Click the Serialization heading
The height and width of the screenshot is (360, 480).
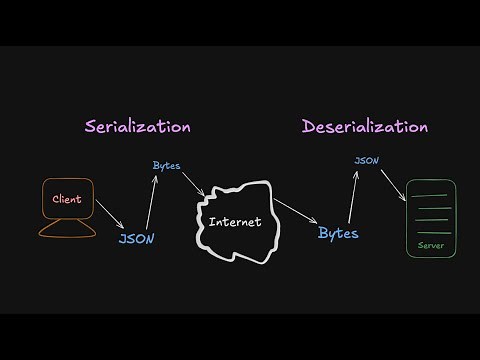[137, 127]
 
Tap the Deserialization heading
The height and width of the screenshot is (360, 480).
[365, 127]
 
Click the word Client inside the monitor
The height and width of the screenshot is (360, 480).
[66, 200]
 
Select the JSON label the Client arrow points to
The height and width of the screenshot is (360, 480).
[136, 239]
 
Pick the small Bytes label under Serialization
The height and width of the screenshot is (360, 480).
[167, 164]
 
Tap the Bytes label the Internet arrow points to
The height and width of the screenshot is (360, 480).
[338, 233]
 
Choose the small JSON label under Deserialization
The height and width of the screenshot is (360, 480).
[366, 159]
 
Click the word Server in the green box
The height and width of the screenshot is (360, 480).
[431, 244]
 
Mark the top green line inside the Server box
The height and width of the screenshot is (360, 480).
[431, 194]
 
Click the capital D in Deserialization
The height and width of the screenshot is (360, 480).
[310, 127]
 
